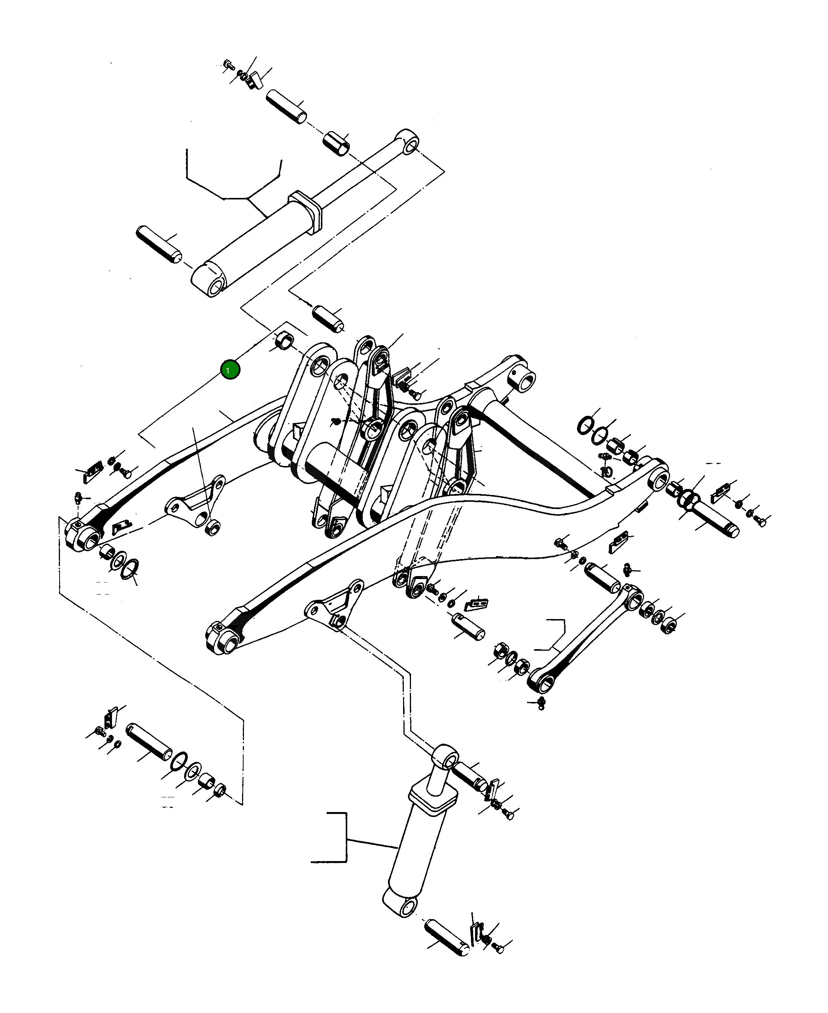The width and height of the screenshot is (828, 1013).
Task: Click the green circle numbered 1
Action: (x=230, y=370)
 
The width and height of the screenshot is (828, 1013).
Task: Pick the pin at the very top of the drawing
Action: (x=286, y=106)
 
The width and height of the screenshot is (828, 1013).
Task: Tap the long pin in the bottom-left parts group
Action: (x=149, y=742)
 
